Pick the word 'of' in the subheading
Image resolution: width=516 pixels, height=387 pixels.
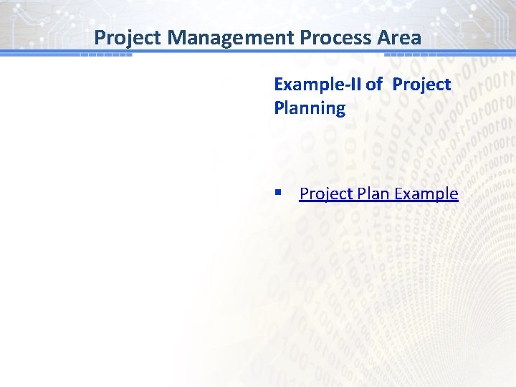pyautogui.click(x=373, y=85)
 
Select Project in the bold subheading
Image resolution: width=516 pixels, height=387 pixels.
pyautogui.click(x=421, y=85)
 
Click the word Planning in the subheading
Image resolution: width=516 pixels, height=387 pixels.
pyautogui.click(x=310, y=108)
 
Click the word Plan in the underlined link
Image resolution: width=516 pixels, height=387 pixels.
pyautogui.click(x=373, y=193)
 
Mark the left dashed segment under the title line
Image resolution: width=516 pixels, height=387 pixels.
pyautogui.click(x=105, y=54)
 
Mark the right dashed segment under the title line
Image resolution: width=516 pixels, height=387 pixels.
pyautogui.click(x=411, y=54)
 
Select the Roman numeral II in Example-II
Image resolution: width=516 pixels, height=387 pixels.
pyautogui.click(x=355, y=85)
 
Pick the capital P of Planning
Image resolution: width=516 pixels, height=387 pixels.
pyautogui.click(x=279, y=108)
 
